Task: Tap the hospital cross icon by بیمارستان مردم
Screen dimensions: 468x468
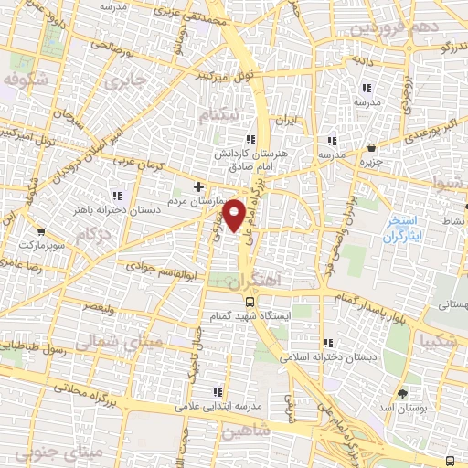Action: [199, 186]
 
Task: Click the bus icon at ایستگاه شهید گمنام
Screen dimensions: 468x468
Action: [250, 301]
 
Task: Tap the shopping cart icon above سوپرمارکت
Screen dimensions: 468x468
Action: [39, 233]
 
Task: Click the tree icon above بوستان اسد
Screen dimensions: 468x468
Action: [403, 391]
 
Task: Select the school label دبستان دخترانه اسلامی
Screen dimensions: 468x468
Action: [327, 357]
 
